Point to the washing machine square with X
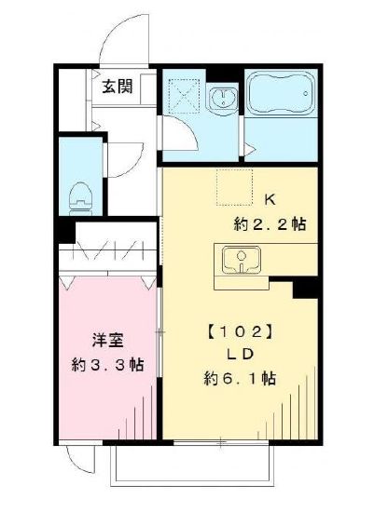click(x=183, y=97)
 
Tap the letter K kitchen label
click(x=270, y=199)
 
